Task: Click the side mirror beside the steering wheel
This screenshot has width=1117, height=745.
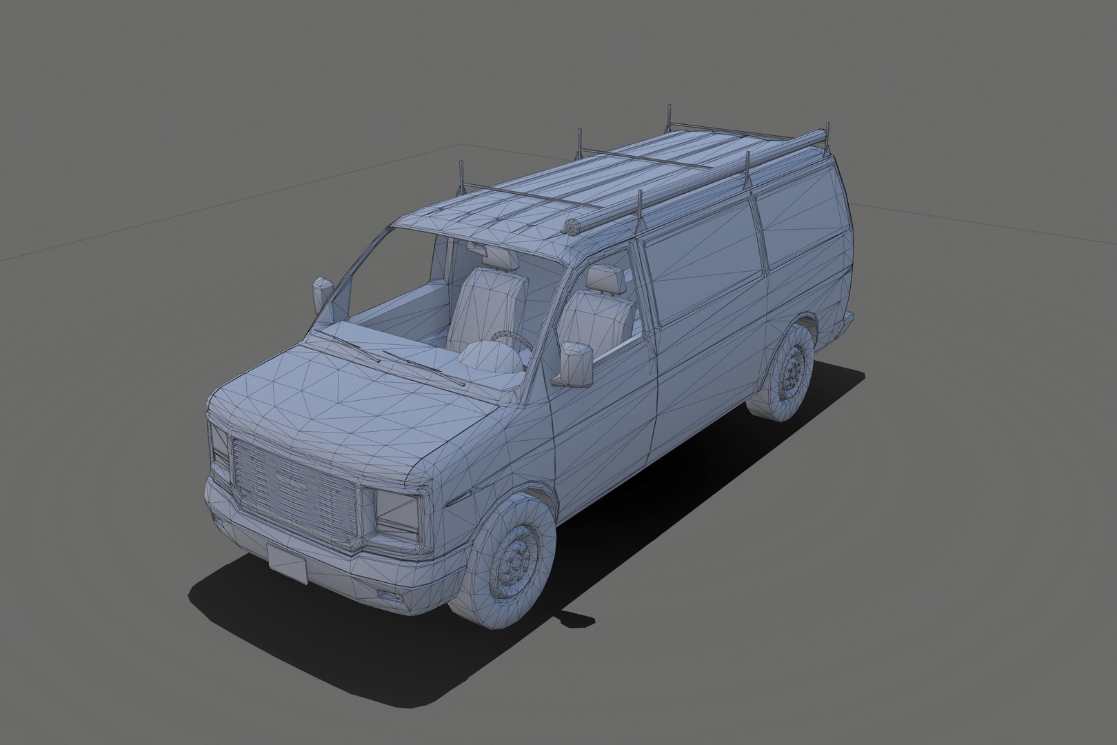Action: pos(576,364)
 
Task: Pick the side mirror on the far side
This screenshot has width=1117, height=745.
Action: pos(322,292)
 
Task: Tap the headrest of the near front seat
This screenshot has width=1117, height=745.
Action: pos(606,279)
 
